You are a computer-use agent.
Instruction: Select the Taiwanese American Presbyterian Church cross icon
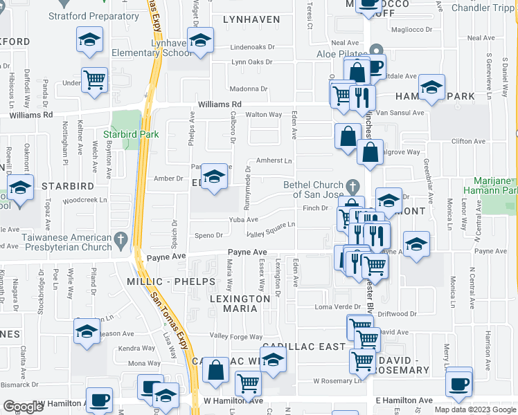pos(120,241)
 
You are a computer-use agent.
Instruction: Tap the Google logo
pos(24,407)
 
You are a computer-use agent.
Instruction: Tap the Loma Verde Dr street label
pos(334,306)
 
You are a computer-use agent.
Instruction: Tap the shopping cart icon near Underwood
pos(94,80)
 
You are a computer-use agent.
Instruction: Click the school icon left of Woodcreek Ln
pos(21,187)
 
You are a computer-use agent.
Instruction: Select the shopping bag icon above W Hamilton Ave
pos(216,370)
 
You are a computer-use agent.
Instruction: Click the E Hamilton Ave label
pos(404,400)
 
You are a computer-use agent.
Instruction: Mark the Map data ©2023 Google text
pos(475,409)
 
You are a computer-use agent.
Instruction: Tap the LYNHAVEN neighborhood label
pos(251,20)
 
